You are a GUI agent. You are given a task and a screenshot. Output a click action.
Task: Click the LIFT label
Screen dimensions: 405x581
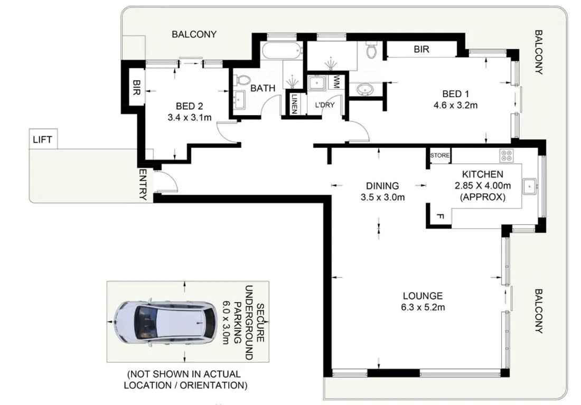point(42,140)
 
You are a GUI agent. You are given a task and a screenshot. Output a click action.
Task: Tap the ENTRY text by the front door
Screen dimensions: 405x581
point(142,184)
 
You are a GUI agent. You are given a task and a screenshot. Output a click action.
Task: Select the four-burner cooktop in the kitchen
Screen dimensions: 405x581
point(506,155)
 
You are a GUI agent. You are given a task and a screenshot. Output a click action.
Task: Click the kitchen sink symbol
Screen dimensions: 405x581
point(530,185)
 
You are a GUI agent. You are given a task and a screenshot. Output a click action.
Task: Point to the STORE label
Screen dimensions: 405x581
point(439,156)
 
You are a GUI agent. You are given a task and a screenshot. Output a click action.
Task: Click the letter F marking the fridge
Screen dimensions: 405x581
point(438,217)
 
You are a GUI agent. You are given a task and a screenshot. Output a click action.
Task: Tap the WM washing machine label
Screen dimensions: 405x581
point(336,82)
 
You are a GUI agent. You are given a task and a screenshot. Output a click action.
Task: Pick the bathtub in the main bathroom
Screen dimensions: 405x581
point(281,51)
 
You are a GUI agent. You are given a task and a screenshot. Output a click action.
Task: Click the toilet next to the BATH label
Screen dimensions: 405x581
point(243,80)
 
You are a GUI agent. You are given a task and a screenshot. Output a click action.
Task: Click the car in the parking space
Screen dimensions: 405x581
point(165,322)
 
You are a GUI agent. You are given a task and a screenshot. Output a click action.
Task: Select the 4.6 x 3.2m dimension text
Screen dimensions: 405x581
point(456,105)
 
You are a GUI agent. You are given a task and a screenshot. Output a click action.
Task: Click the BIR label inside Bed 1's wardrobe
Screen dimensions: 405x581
point(421,50)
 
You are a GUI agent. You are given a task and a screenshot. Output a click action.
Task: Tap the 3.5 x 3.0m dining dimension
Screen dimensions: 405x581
point(382,198)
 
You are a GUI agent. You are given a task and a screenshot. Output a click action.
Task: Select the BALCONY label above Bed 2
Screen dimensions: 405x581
point(194,34)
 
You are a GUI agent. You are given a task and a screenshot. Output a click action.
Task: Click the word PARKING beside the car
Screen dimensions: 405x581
point(238,322)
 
